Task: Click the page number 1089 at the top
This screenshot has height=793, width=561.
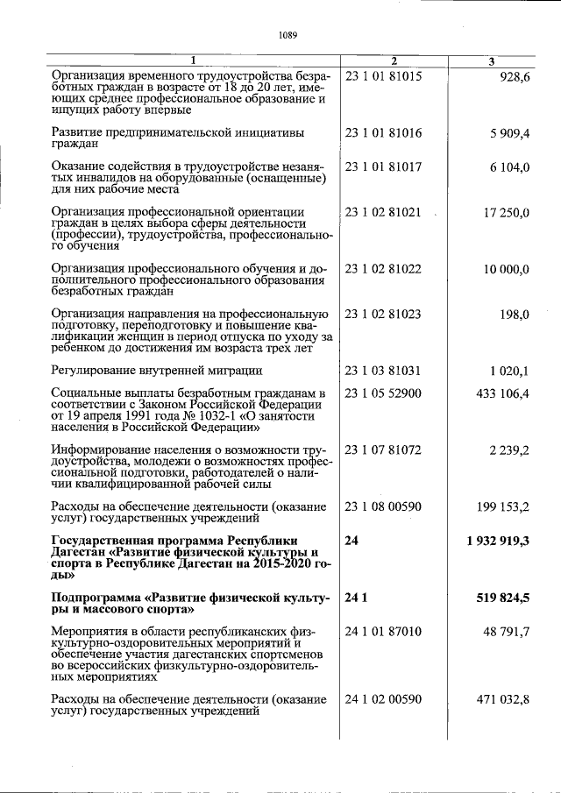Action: coord(288,36)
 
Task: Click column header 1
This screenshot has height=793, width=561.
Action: coord(194,60)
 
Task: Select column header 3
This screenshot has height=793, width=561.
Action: coord(491,60)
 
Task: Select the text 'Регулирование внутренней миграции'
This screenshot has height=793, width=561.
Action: coord(157,371)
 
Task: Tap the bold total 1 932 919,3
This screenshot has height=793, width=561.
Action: coord(498,541)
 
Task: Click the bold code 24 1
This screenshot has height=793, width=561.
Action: coord(355,598)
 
